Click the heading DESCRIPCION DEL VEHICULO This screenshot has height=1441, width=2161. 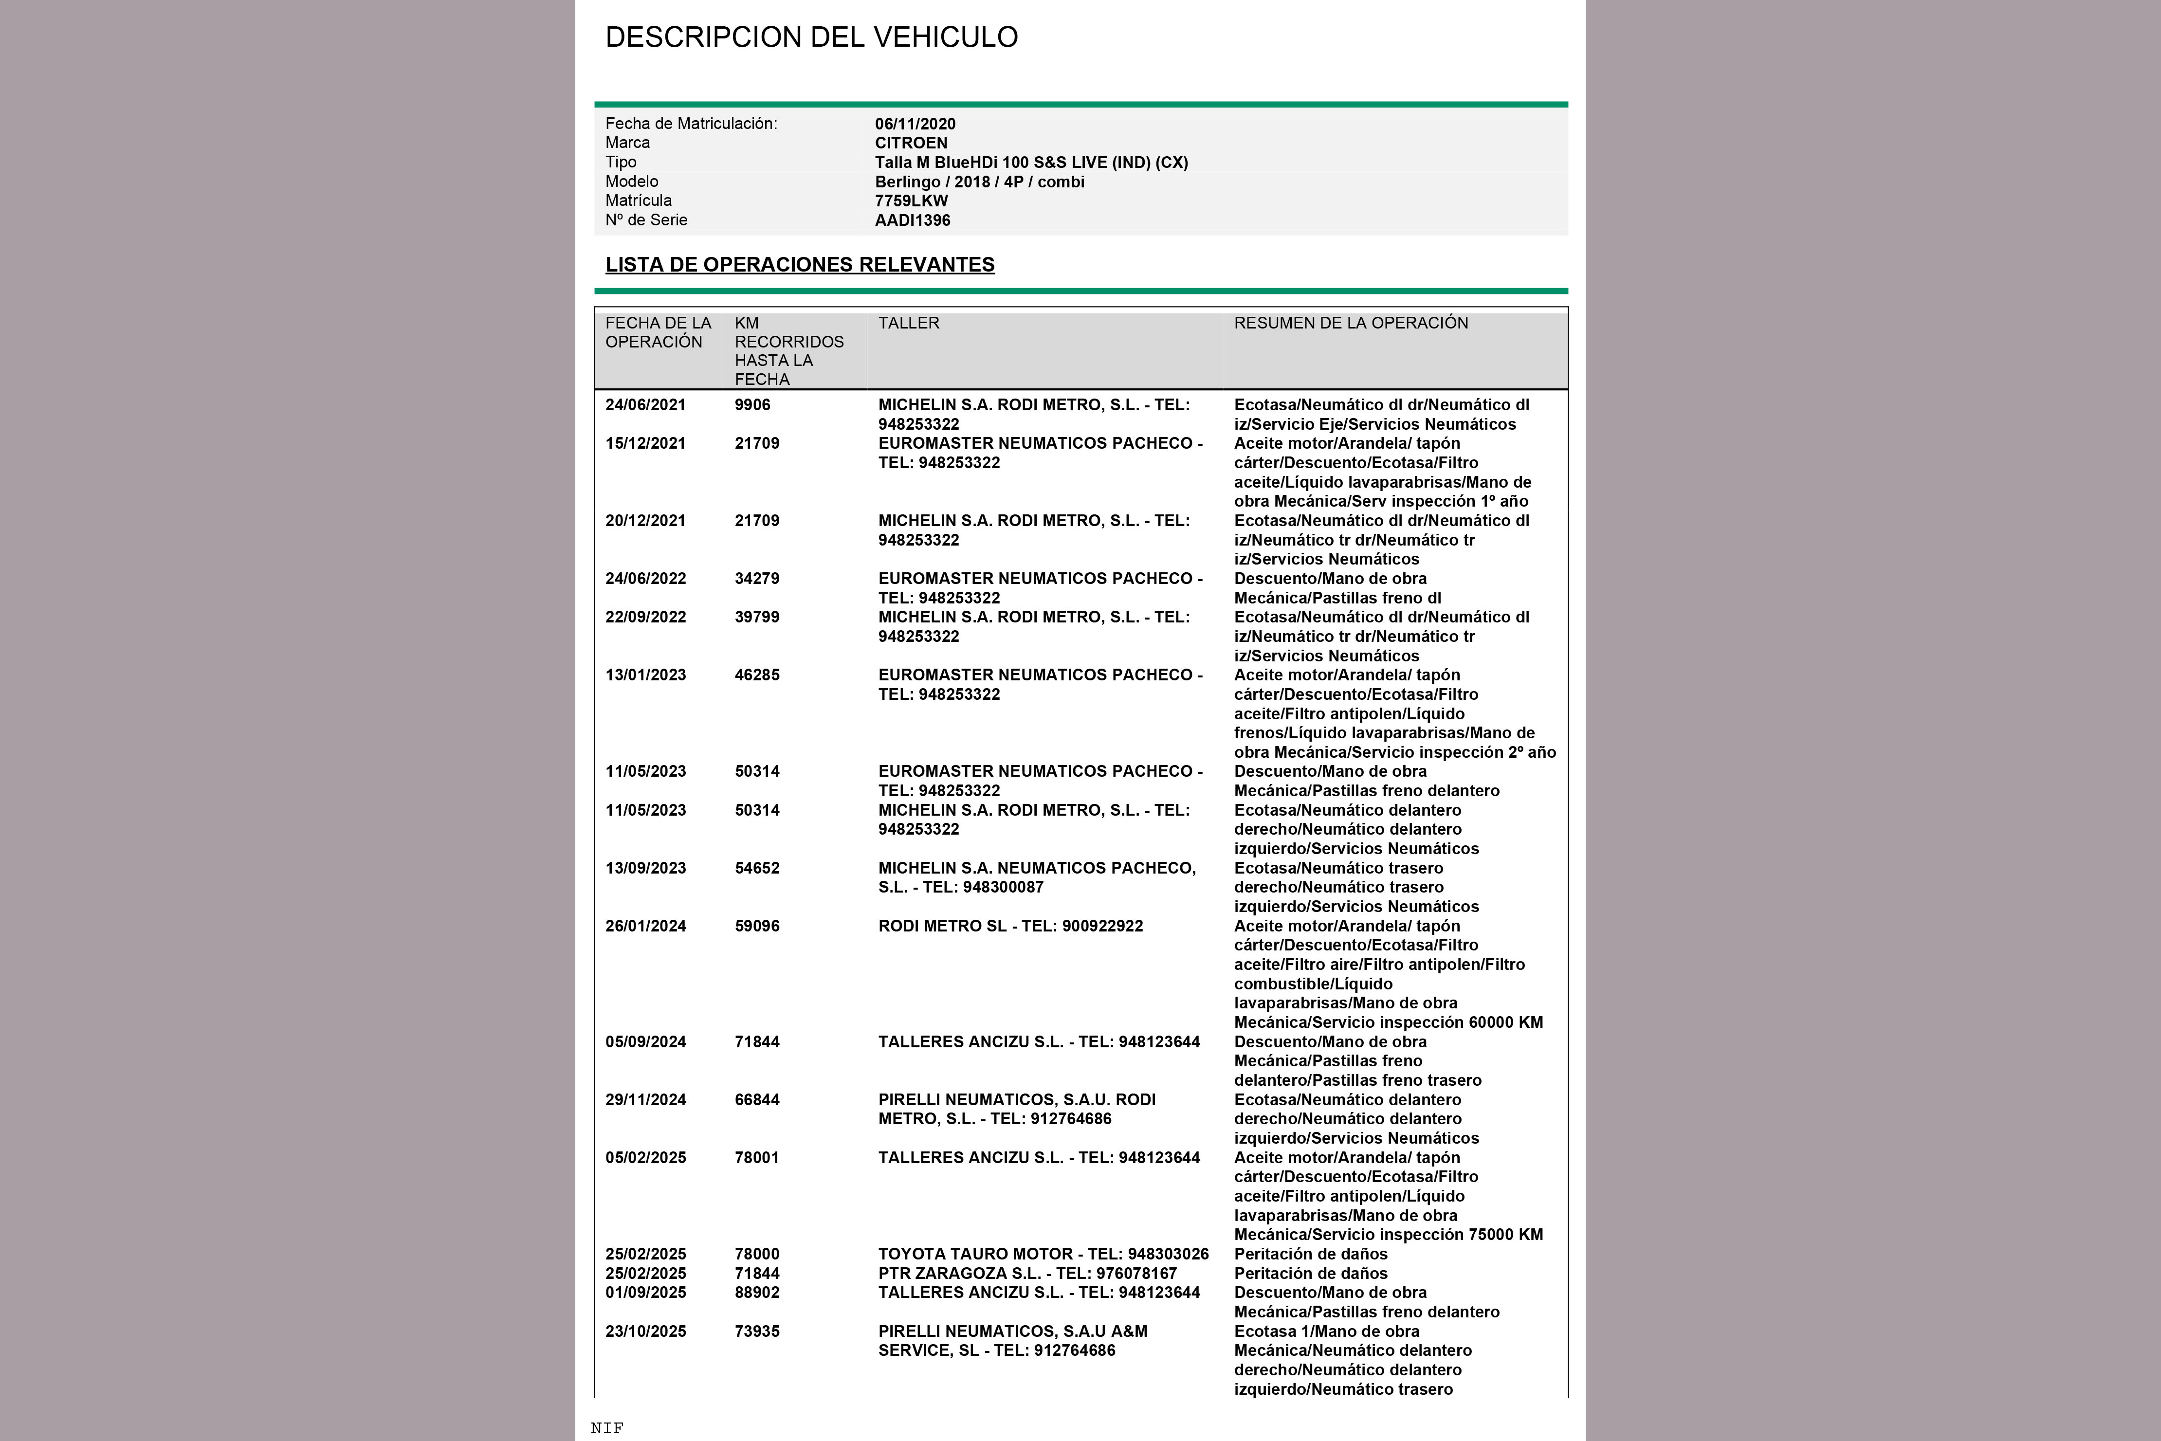click(811, 37)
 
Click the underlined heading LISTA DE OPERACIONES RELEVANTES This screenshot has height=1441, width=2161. click(799, 265)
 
